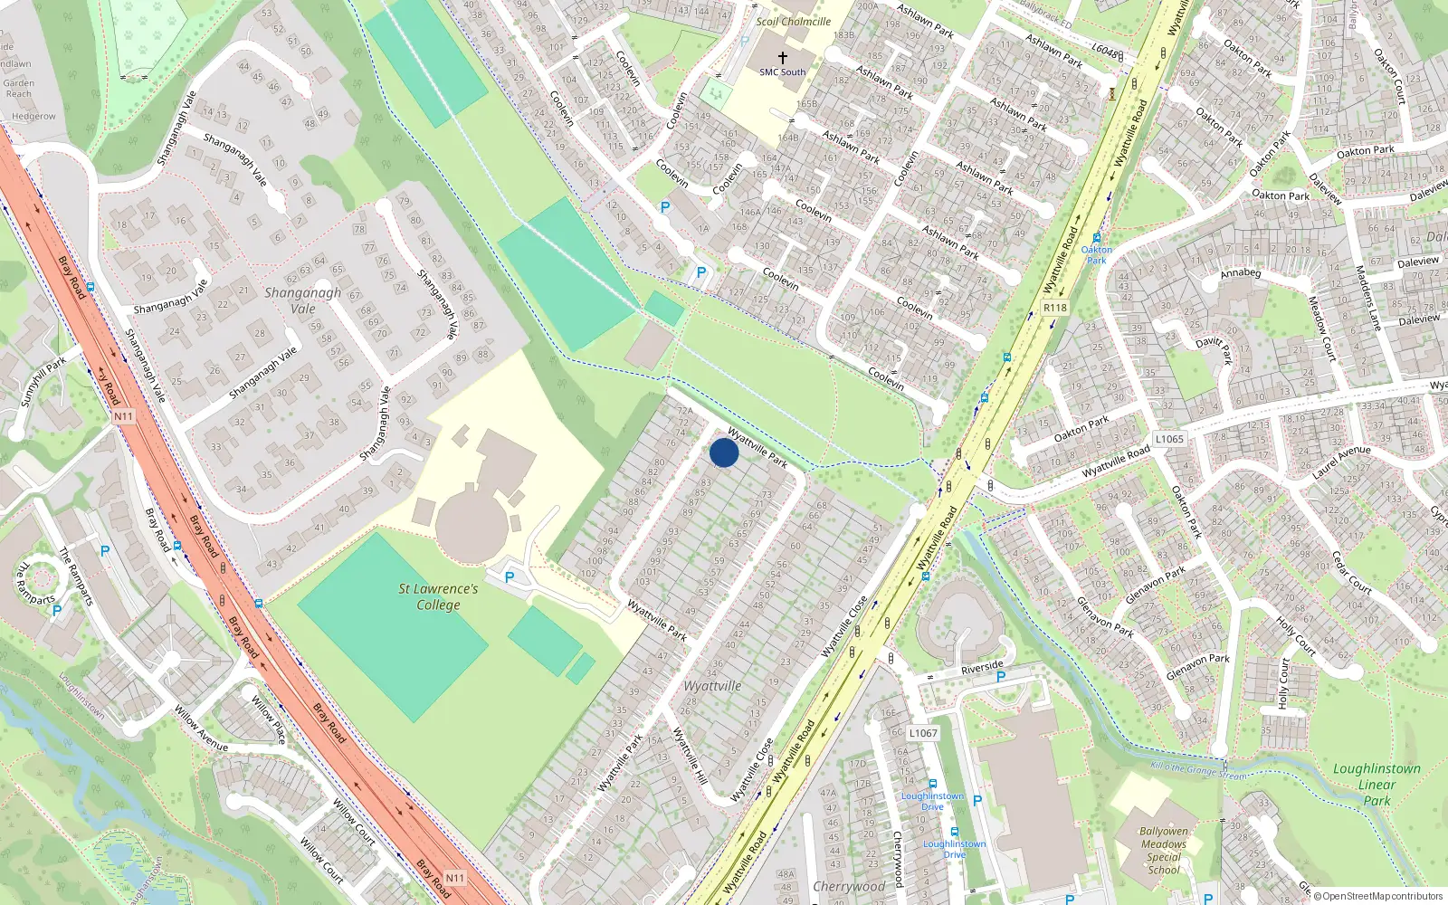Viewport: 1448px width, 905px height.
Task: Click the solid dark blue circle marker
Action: [724, 452]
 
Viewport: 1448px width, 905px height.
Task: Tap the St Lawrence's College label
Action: [438, 596]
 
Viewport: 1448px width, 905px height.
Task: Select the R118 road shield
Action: [1054, 308]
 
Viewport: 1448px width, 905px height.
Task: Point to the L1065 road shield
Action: [1168, 439]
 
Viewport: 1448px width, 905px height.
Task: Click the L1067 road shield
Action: [923, 733]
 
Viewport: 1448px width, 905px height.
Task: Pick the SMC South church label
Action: [782, 71]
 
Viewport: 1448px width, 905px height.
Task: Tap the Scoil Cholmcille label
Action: [793, 22]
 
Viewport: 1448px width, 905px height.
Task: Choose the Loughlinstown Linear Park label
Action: [1377, 784]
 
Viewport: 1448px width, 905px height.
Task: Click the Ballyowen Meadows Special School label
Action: [1164, 851]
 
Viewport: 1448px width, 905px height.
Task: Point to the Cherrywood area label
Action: [849, 886]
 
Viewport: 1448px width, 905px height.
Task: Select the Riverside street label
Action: [982, 668]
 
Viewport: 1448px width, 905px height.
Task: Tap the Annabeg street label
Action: [1240, 272]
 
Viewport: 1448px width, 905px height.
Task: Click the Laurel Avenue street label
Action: [1341, 462]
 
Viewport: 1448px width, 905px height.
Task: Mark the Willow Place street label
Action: [269, 719]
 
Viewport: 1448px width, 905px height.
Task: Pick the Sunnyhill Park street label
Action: [43, 381]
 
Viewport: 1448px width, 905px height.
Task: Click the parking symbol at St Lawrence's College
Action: [510, 577]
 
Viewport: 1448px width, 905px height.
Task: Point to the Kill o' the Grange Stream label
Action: [1198, 771]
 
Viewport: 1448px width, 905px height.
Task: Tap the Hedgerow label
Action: [33, 117]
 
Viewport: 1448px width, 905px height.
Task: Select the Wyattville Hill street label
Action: [690, 755]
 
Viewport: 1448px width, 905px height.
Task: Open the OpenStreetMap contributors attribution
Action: [1382, 896]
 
